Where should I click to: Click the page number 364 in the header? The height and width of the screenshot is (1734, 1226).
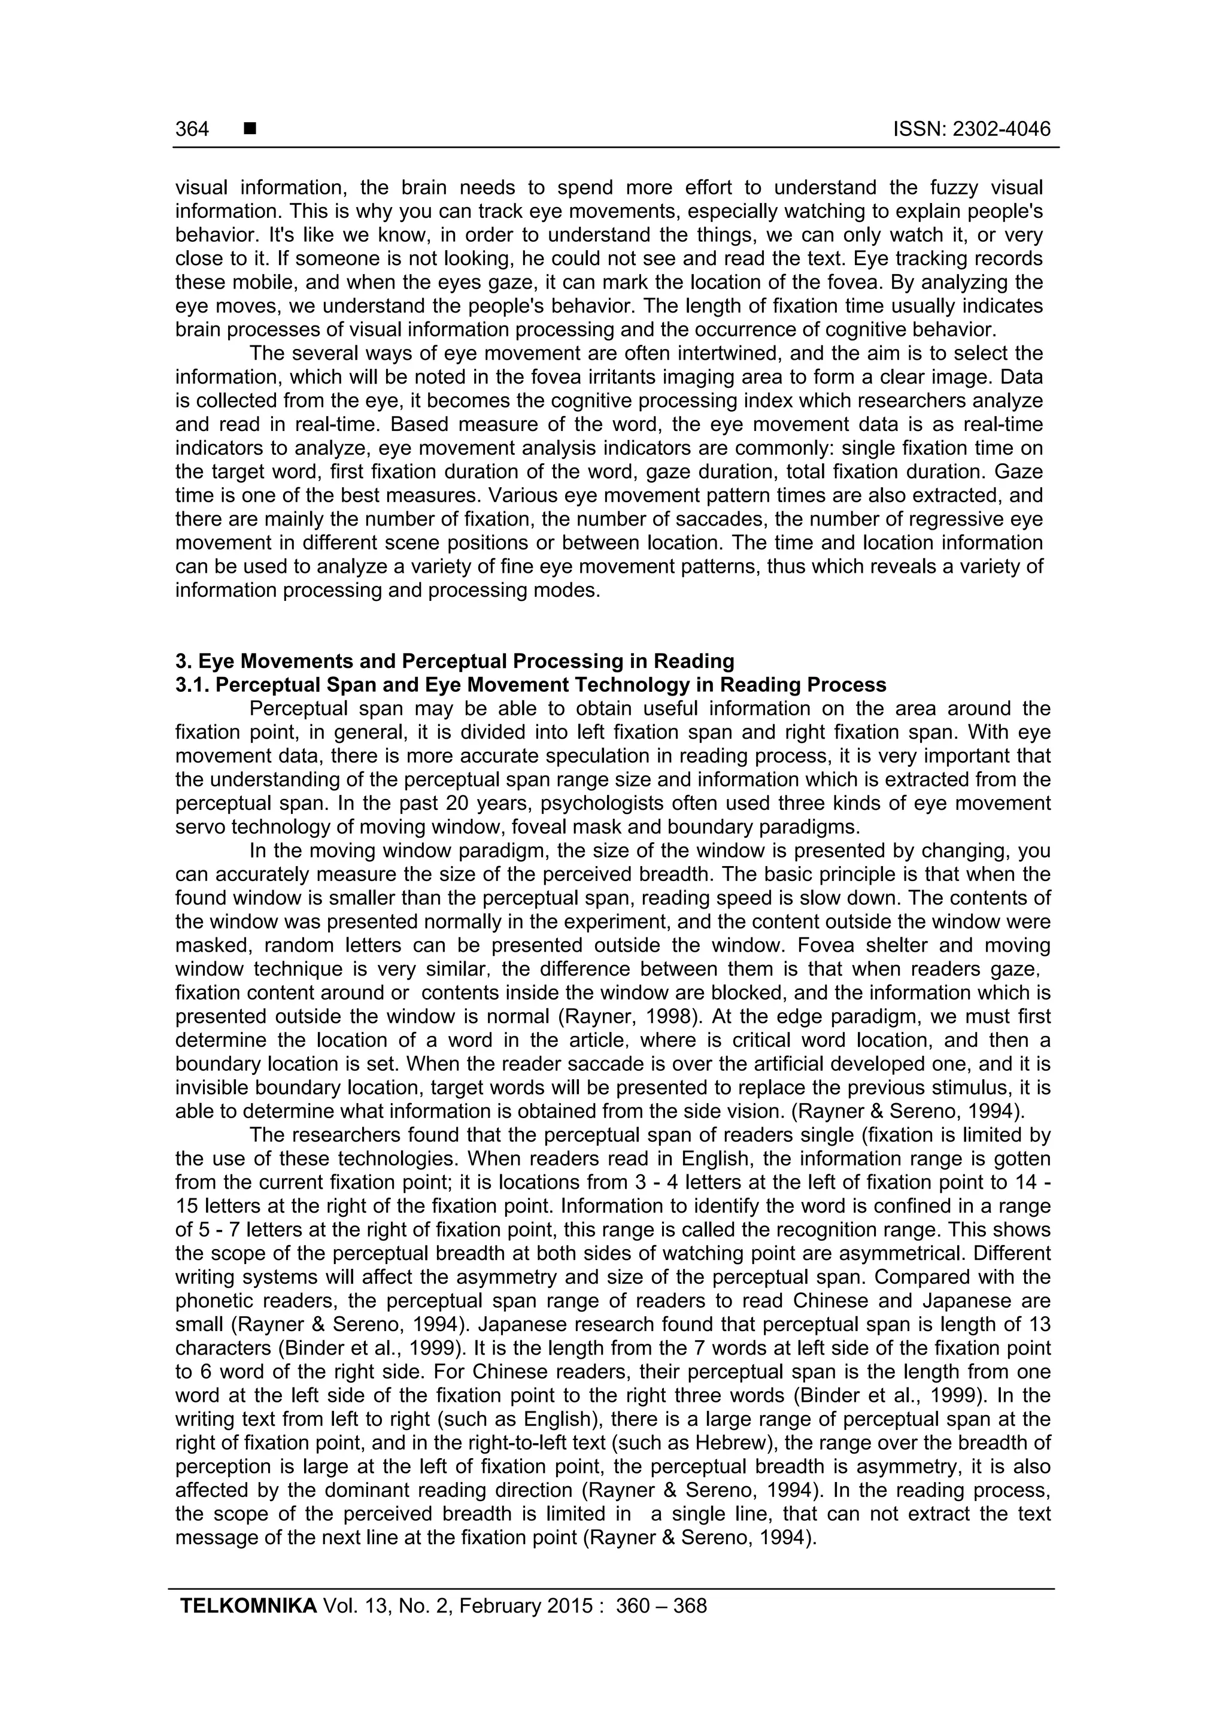[x=192, y=129]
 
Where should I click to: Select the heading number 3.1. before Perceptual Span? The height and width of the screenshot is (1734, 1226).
[x=193, y=685]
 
